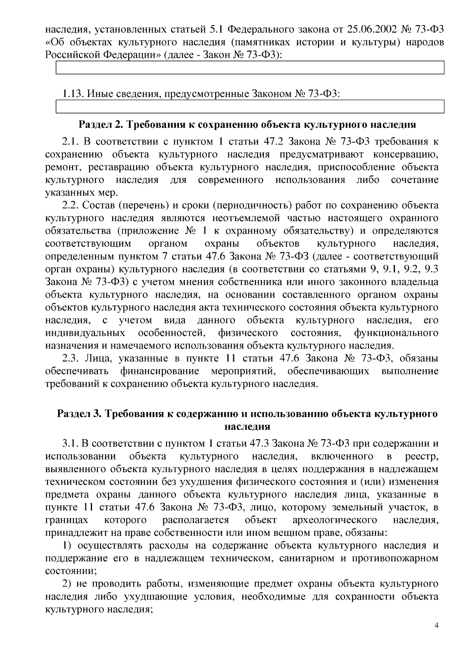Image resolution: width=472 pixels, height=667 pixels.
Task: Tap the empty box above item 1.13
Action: (x=250, y=68)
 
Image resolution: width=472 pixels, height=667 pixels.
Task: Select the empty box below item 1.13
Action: (x=250, y=106)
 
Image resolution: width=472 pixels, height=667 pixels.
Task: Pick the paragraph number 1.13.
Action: (x=73, y=94)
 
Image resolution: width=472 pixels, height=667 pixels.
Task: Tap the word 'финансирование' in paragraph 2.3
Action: (x=160, y=371)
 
